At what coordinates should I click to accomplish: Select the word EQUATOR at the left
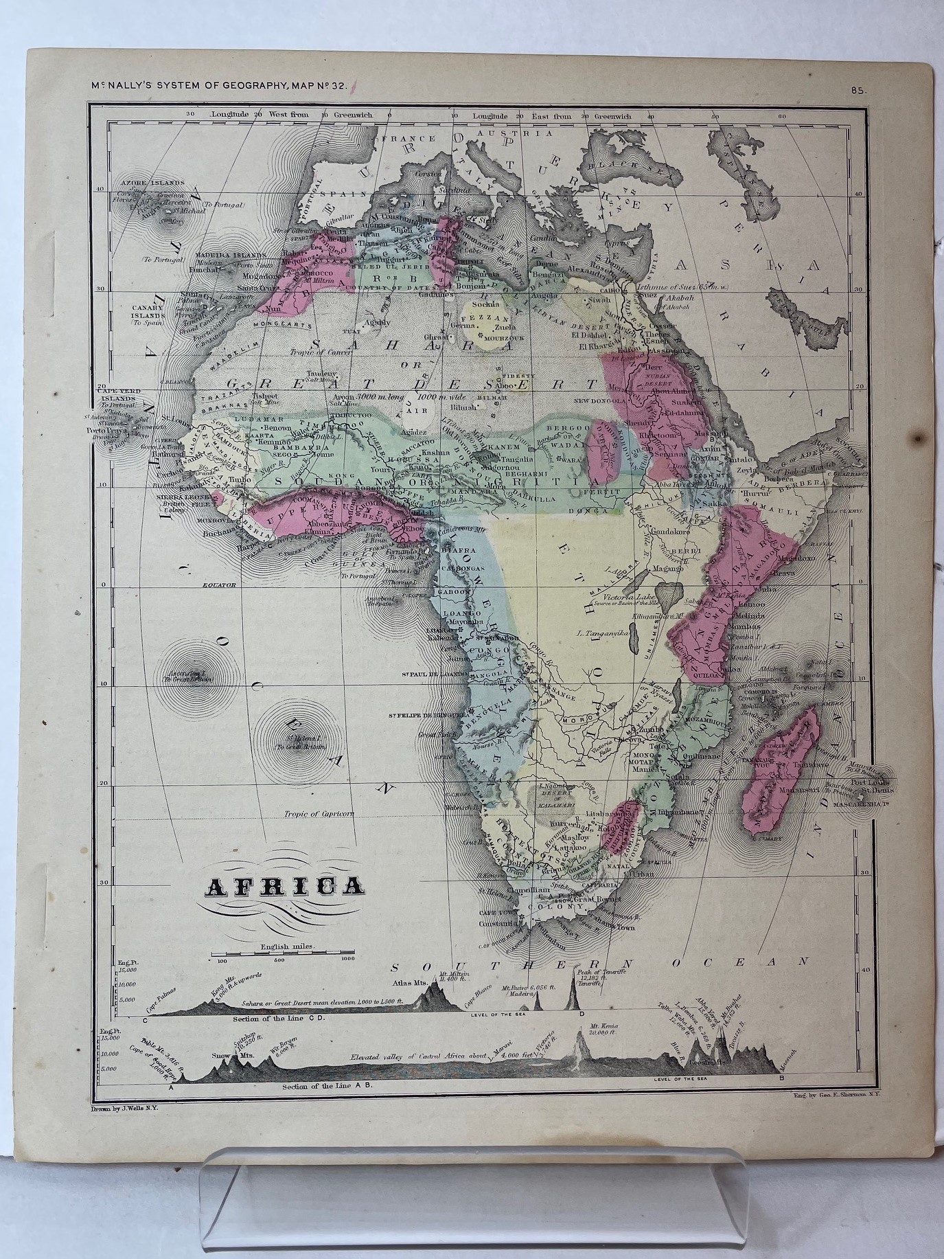click(x=218, y=585)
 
